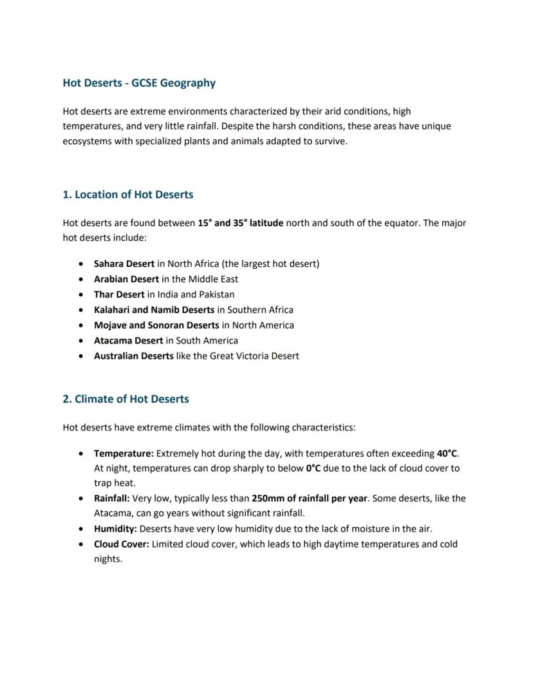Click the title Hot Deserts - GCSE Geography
(x=139, y=83)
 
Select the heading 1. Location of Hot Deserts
(x=127, y=195)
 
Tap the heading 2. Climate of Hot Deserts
(x=126, y=399)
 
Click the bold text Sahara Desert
(x=124, y=264)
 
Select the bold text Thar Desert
(x=119, y=294)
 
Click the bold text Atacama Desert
(x=128, y=341)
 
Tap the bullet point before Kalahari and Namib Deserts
(x=80, y=310)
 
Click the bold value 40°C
(x=447, y=454)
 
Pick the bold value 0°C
(x=313, y=468)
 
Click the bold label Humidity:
(x=115, y=529)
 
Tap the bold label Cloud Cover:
(x=122, y=544)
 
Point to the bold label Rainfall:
(x=112, y=499)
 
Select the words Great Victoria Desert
(x=254, y=356)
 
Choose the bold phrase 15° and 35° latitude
(x=240, y=223)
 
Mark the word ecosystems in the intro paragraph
(x=88, y=141)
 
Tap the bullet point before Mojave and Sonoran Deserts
(x=80, y=325)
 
